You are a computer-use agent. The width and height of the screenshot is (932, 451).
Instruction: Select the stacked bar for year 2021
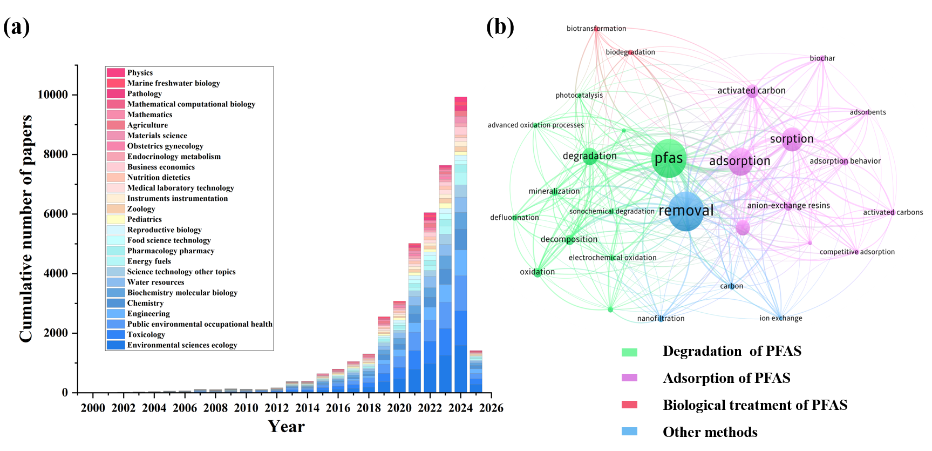point(414,319)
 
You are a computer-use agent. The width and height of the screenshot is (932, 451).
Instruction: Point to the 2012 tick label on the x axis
point(276,408)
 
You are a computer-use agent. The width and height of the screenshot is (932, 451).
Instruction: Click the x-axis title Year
point(286,427)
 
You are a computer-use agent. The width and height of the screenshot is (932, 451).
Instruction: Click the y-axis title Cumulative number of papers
point(26,228)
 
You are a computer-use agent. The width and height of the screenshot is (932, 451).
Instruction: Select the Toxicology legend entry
point(146,335)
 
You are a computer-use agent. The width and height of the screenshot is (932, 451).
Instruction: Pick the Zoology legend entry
point(141,209)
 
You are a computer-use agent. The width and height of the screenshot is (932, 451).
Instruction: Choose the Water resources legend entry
point(155,282)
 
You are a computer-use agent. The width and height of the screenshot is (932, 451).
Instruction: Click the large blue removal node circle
point(686,211)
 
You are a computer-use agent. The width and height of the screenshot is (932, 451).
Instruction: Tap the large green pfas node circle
point(669,159)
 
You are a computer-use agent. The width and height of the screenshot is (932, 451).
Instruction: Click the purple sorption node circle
point(792,139)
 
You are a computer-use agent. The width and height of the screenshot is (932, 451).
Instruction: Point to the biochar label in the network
point(822,58)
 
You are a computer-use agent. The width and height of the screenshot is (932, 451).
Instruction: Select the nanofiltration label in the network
point(661,319)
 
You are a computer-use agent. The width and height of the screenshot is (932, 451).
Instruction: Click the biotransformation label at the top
point(596,29)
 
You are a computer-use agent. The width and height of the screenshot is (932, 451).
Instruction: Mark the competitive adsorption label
point(856,252)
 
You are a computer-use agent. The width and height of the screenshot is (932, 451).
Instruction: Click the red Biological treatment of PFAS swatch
point(629,405)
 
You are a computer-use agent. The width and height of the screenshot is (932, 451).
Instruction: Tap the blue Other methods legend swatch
point(629,432)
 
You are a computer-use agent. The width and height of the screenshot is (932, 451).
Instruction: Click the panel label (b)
point(500,26)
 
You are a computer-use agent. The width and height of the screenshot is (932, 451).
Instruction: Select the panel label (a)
point(16,26)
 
